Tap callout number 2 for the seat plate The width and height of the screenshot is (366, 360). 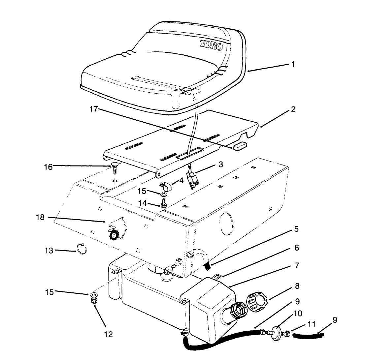pyautogui.click(x=293, y=109)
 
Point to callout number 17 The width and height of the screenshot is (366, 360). pyautogui.click(x=94, y=109)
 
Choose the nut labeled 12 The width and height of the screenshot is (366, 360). pyautogui.click(x=93, y=301)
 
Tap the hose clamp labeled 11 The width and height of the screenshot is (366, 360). pyautogui.click(x=287, y=334)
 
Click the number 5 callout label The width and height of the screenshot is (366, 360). pyautogui.click(x=297, y=229)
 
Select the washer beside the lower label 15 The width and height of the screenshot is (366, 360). pyautogui.click(x=93, y=294)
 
